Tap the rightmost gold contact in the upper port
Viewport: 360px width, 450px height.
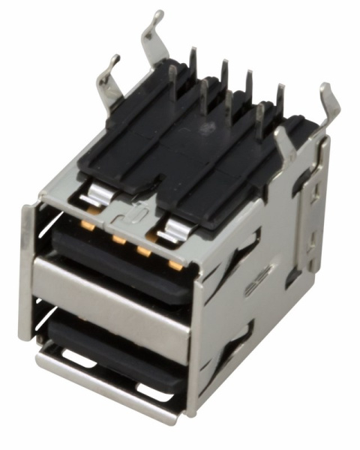pos(175,264)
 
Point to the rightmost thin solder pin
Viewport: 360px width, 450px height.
pos(280,101)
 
